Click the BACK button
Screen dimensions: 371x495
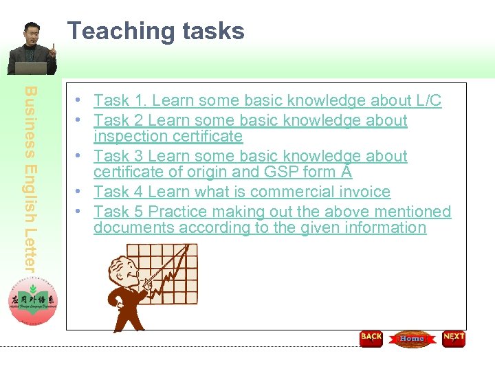[x=371, y=339]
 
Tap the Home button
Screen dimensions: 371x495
[x=412, y=339]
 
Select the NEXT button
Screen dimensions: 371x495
[x=454, y=339]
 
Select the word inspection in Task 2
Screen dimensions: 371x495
[x=126, y=137]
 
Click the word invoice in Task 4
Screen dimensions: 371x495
[x=363, y=192]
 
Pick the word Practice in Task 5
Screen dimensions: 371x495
[x=181, y=212]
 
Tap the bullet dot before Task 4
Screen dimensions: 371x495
[x=80, y=192]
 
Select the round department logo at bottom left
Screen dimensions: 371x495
[x=34, y=302]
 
